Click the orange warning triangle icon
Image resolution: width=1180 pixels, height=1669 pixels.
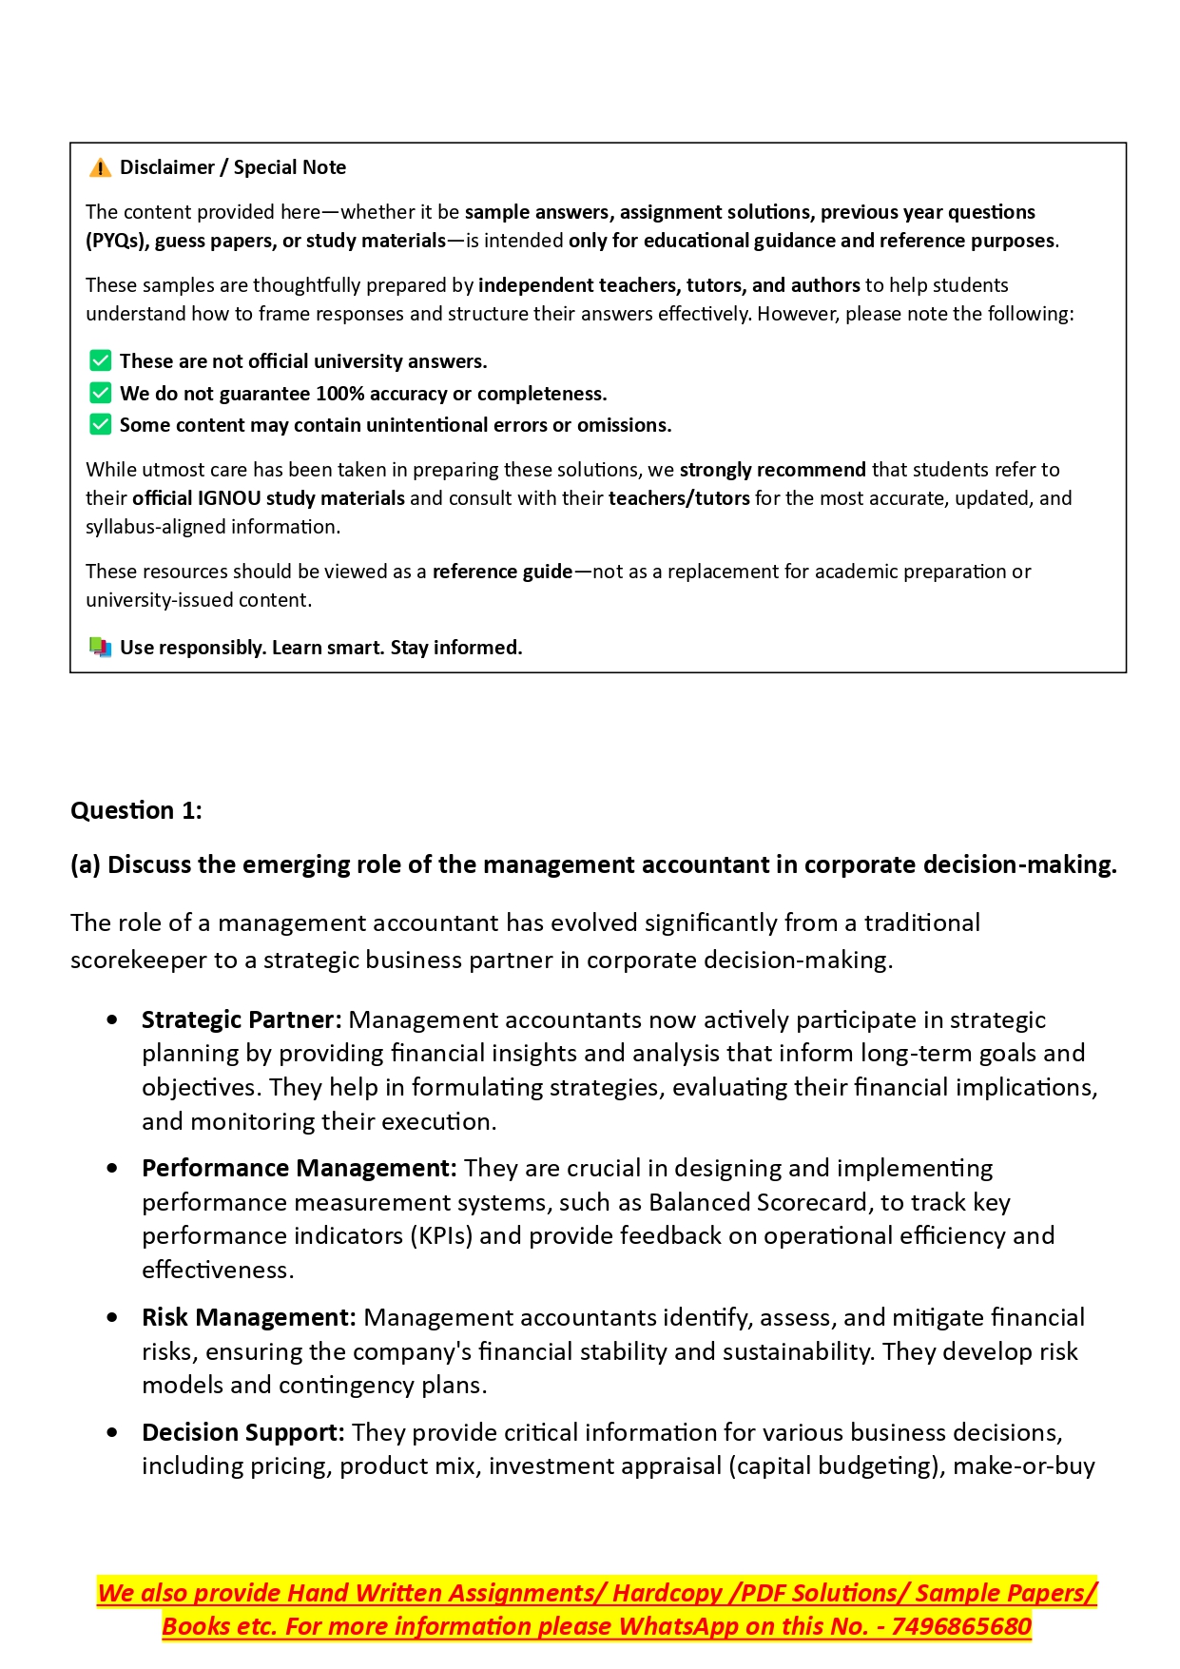point(100,168)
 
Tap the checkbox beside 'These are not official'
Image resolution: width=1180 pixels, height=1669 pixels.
point(100,361)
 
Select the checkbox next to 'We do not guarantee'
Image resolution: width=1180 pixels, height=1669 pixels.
point(100,393)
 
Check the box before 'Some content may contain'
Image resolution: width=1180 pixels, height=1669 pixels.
point(100,424)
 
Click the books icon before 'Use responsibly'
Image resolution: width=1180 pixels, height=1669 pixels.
point(100,648)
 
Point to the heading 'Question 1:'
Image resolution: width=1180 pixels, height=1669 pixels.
point(136,810)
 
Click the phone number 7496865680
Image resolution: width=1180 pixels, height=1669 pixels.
point(961,1626)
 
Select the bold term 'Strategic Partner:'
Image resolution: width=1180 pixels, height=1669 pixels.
point(242,1019)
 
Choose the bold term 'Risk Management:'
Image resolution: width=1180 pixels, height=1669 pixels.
point(249,1317)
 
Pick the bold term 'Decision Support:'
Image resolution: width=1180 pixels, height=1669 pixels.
point(243,1432)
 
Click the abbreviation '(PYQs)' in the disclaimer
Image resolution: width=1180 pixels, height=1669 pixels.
point(117,241)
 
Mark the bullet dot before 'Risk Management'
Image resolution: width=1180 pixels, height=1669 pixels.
point(113,1317)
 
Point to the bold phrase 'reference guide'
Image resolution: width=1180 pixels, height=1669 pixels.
point(502,572)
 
